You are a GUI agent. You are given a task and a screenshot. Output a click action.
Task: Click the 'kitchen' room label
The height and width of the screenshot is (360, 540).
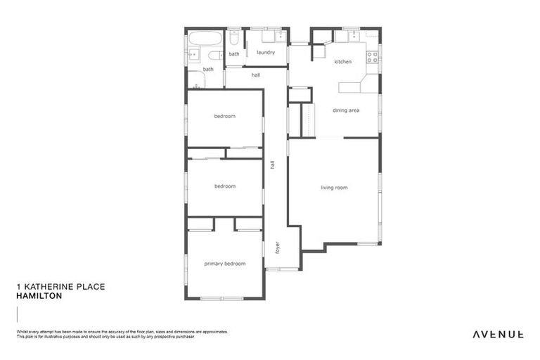(342, 62)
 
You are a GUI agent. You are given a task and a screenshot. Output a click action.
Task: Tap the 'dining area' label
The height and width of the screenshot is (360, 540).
(346, 110)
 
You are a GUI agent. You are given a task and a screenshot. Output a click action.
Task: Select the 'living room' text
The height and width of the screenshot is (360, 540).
(334, 188)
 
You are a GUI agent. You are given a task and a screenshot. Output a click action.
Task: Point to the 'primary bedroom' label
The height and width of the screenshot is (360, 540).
(225, 264)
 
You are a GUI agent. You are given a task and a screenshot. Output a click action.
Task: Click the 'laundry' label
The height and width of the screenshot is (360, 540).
(265, 53)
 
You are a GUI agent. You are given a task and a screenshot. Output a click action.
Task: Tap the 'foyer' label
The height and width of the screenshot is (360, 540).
(277, 247)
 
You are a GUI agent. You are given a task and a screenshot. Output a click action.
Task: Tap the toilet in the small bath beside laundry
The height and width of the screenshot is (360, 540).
(234, 37)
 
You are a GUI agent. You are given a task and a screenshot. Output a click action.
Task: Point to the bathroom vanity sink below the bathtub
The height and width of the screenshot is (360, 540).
(194, 54)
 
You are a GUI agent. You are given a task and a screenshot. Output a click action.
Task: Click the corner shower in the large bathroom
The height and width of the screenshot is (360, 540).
(195, 79)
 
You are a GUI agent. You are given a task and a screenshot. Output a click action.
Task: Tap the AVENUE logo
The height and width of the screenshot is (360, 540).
(497, 334)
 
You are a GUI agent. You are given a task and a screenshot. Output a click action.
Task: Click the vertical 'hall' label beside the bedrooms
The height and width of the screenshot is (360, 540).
(272, 165)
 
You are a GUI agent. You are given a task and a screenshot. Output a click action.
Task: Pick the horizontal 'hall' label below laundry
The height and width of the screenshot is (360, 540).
(256, 75)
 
